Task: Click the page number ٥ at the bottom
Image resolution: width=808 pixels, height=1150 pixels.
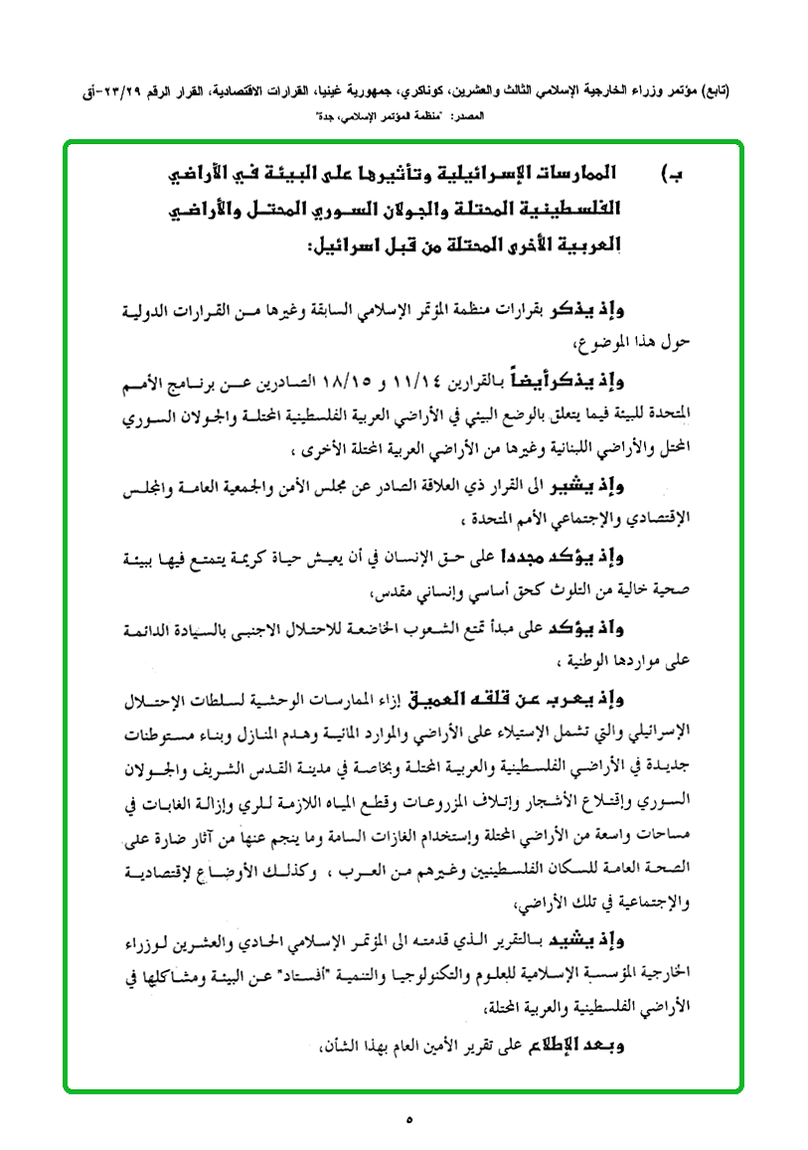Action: [x=408, y=1120]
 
